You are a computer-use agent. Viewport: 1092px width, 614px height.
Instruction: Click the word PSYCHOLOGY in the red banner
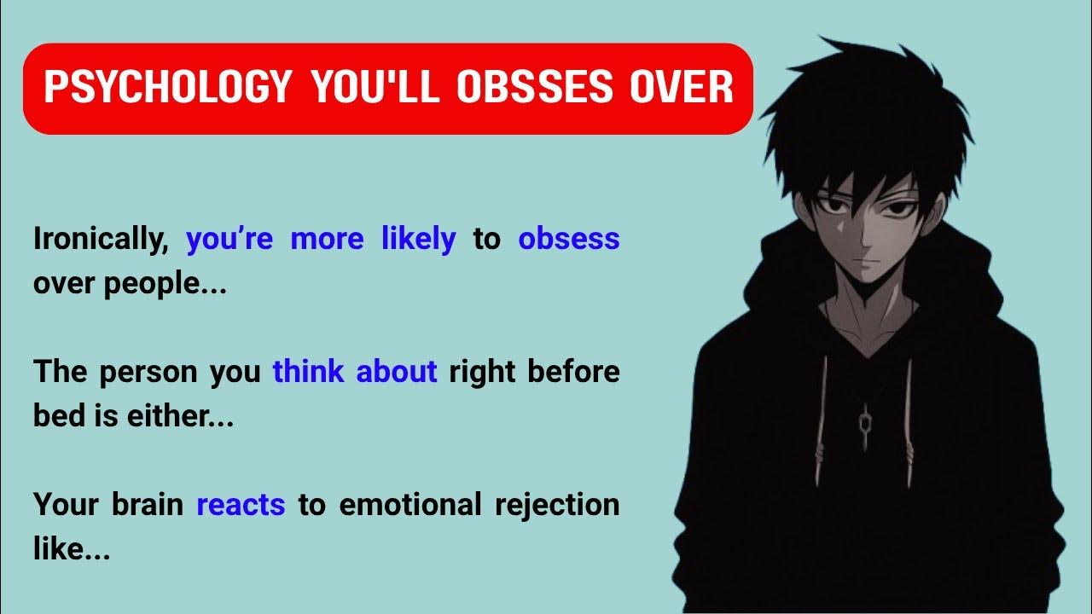167,89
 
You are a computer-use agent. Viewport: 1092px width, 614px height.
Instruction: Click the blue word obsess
568,239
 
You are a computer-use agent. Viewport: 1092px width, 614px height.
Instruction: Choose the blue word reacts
241,505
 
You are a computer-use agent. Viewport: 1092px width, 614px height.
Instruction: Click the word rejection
557,506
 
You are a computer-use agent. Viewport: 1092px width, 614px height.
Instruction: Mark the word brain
147,505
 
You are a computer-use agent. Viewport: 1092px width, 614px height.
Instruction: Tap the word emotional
409,505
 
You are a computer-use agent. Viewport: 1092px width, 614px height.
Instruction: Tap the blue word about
396,372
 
